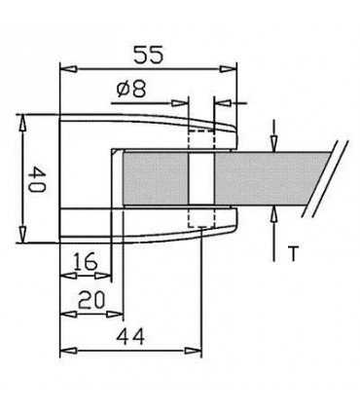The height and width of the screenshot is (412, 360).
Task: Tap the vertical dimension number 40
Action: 35,180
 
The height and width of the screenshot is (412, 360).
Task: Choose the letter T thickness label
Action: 292,255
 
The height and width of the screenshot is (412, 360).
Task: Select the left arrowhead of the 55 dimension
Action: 66,68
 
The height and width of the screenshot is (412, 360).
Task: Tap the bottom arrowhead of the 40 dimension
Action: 20,239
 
